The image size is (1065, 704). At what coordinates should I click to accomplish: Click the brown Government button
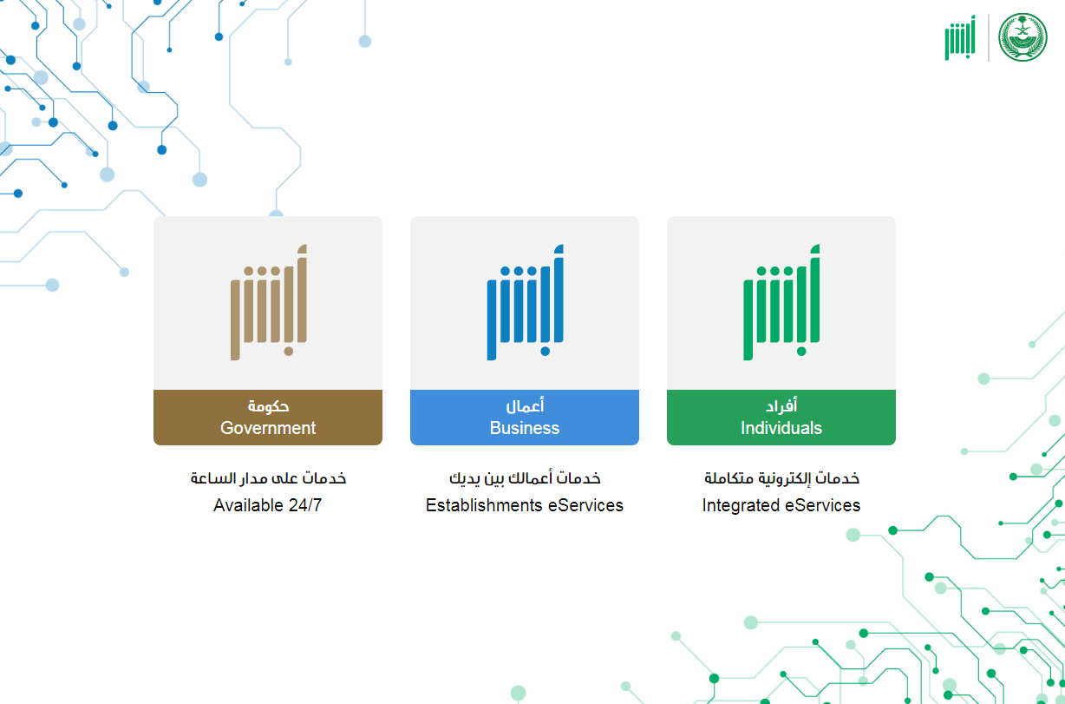tap(268, 417)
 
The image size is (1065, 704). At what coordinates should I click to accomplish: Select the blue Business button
tap(525, 417)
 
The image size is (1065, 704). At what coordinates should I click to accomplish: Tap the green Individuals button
tap(781, 417)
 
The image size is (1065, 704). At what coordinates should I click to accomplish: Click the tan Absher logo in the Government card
tap(269, 302)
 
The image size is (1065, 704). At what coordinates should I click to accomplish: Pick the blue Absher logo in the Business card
tap(526, 302)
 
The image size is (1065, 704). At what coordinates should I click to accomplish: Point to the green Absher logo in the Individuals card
tap(781, 302)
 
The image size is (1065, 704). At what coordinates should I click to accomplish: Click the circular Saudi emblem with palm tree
tap(1023, 37)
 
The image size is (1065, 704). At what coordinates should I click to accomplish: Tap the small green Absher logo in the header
tap(960, 37)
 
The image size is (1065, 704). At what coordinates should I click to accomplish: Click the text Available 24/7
tap(268, 505)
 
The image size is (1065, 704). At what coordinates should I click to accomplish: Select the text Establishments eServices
tap(525, 505)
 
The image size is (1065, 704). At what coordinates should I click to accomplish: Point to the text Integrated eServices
tap(781, 505)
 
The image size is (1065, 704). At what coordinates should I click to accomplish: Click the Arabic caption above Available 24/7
tap(268, 477)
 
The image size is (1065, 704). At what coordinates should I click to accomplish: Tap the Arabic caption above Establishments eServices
tap(525, 478)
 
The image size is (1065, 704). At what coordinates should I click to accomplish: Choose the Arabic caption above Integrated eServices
tap(781, 478)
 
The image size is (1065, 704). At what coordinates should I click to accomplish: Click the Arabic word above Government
tap(268, 406)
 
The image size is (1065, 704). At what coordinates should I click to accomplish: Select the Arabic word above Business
tap(525, 405)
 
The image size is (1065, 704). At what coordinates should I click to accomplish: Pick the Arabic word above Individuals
tap(781, 405)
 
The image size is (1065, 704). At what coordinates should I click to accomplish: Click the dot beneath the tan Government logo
tap(289, 352)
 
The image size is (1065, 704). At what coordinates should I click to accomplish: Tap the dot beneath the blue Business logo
tap(546, 352)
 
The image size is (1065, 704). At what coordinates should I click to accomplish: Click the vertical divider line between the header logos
tap(989, 37)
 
